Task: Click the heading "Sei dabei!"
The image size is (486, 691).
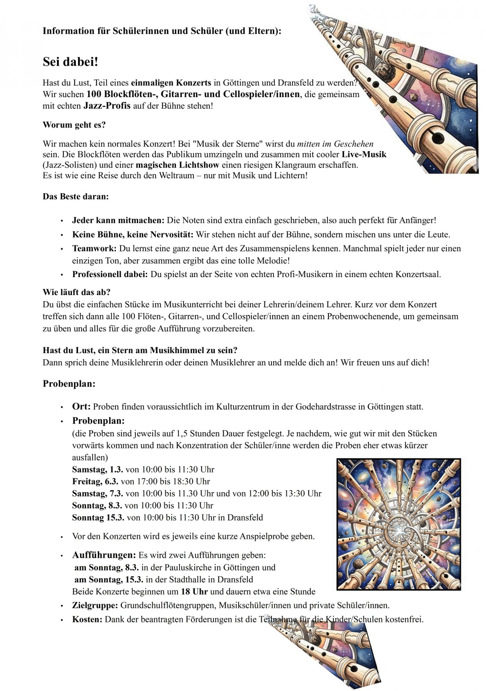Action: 70,62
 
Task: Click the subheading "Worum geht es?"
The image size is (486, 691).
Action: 74,125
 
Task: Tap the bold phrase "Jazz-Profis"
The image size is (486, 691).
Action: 107,106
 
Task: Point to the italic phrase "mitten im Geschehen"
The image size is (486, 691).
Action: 335,144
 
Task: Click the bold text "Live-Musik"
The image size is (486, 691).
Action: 364,154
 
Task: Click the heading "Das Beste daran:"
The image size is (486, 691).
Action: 76,197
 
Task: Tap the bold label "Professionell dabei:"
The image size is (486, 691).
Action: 110,274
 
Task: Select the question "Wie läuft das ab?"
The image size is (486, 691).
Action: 76,292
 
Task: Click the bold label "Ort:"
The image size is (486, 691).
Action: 81,406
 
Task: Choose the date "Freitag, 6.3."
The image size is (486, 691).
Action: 95,481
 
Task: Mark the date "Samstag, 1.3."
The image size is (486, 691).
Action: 98,470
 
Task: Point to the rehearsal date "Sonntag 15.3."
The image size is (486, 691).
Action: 98,518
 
